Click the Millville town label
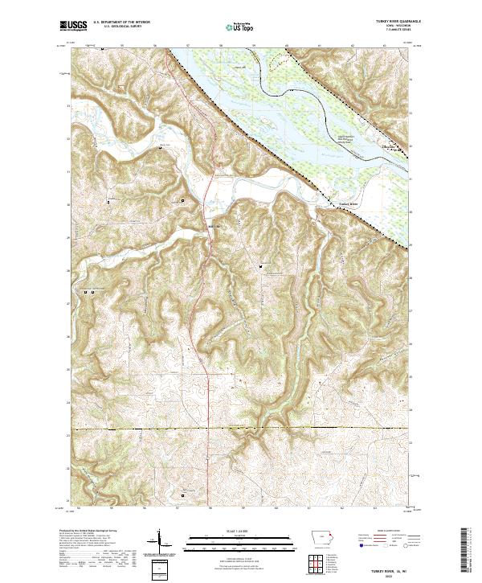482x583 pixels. (x=213, y=226)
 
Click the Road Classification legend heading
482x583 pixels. (x=386, y=532)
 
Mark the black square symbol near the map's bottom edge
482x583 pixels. (x=182, y=495)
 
